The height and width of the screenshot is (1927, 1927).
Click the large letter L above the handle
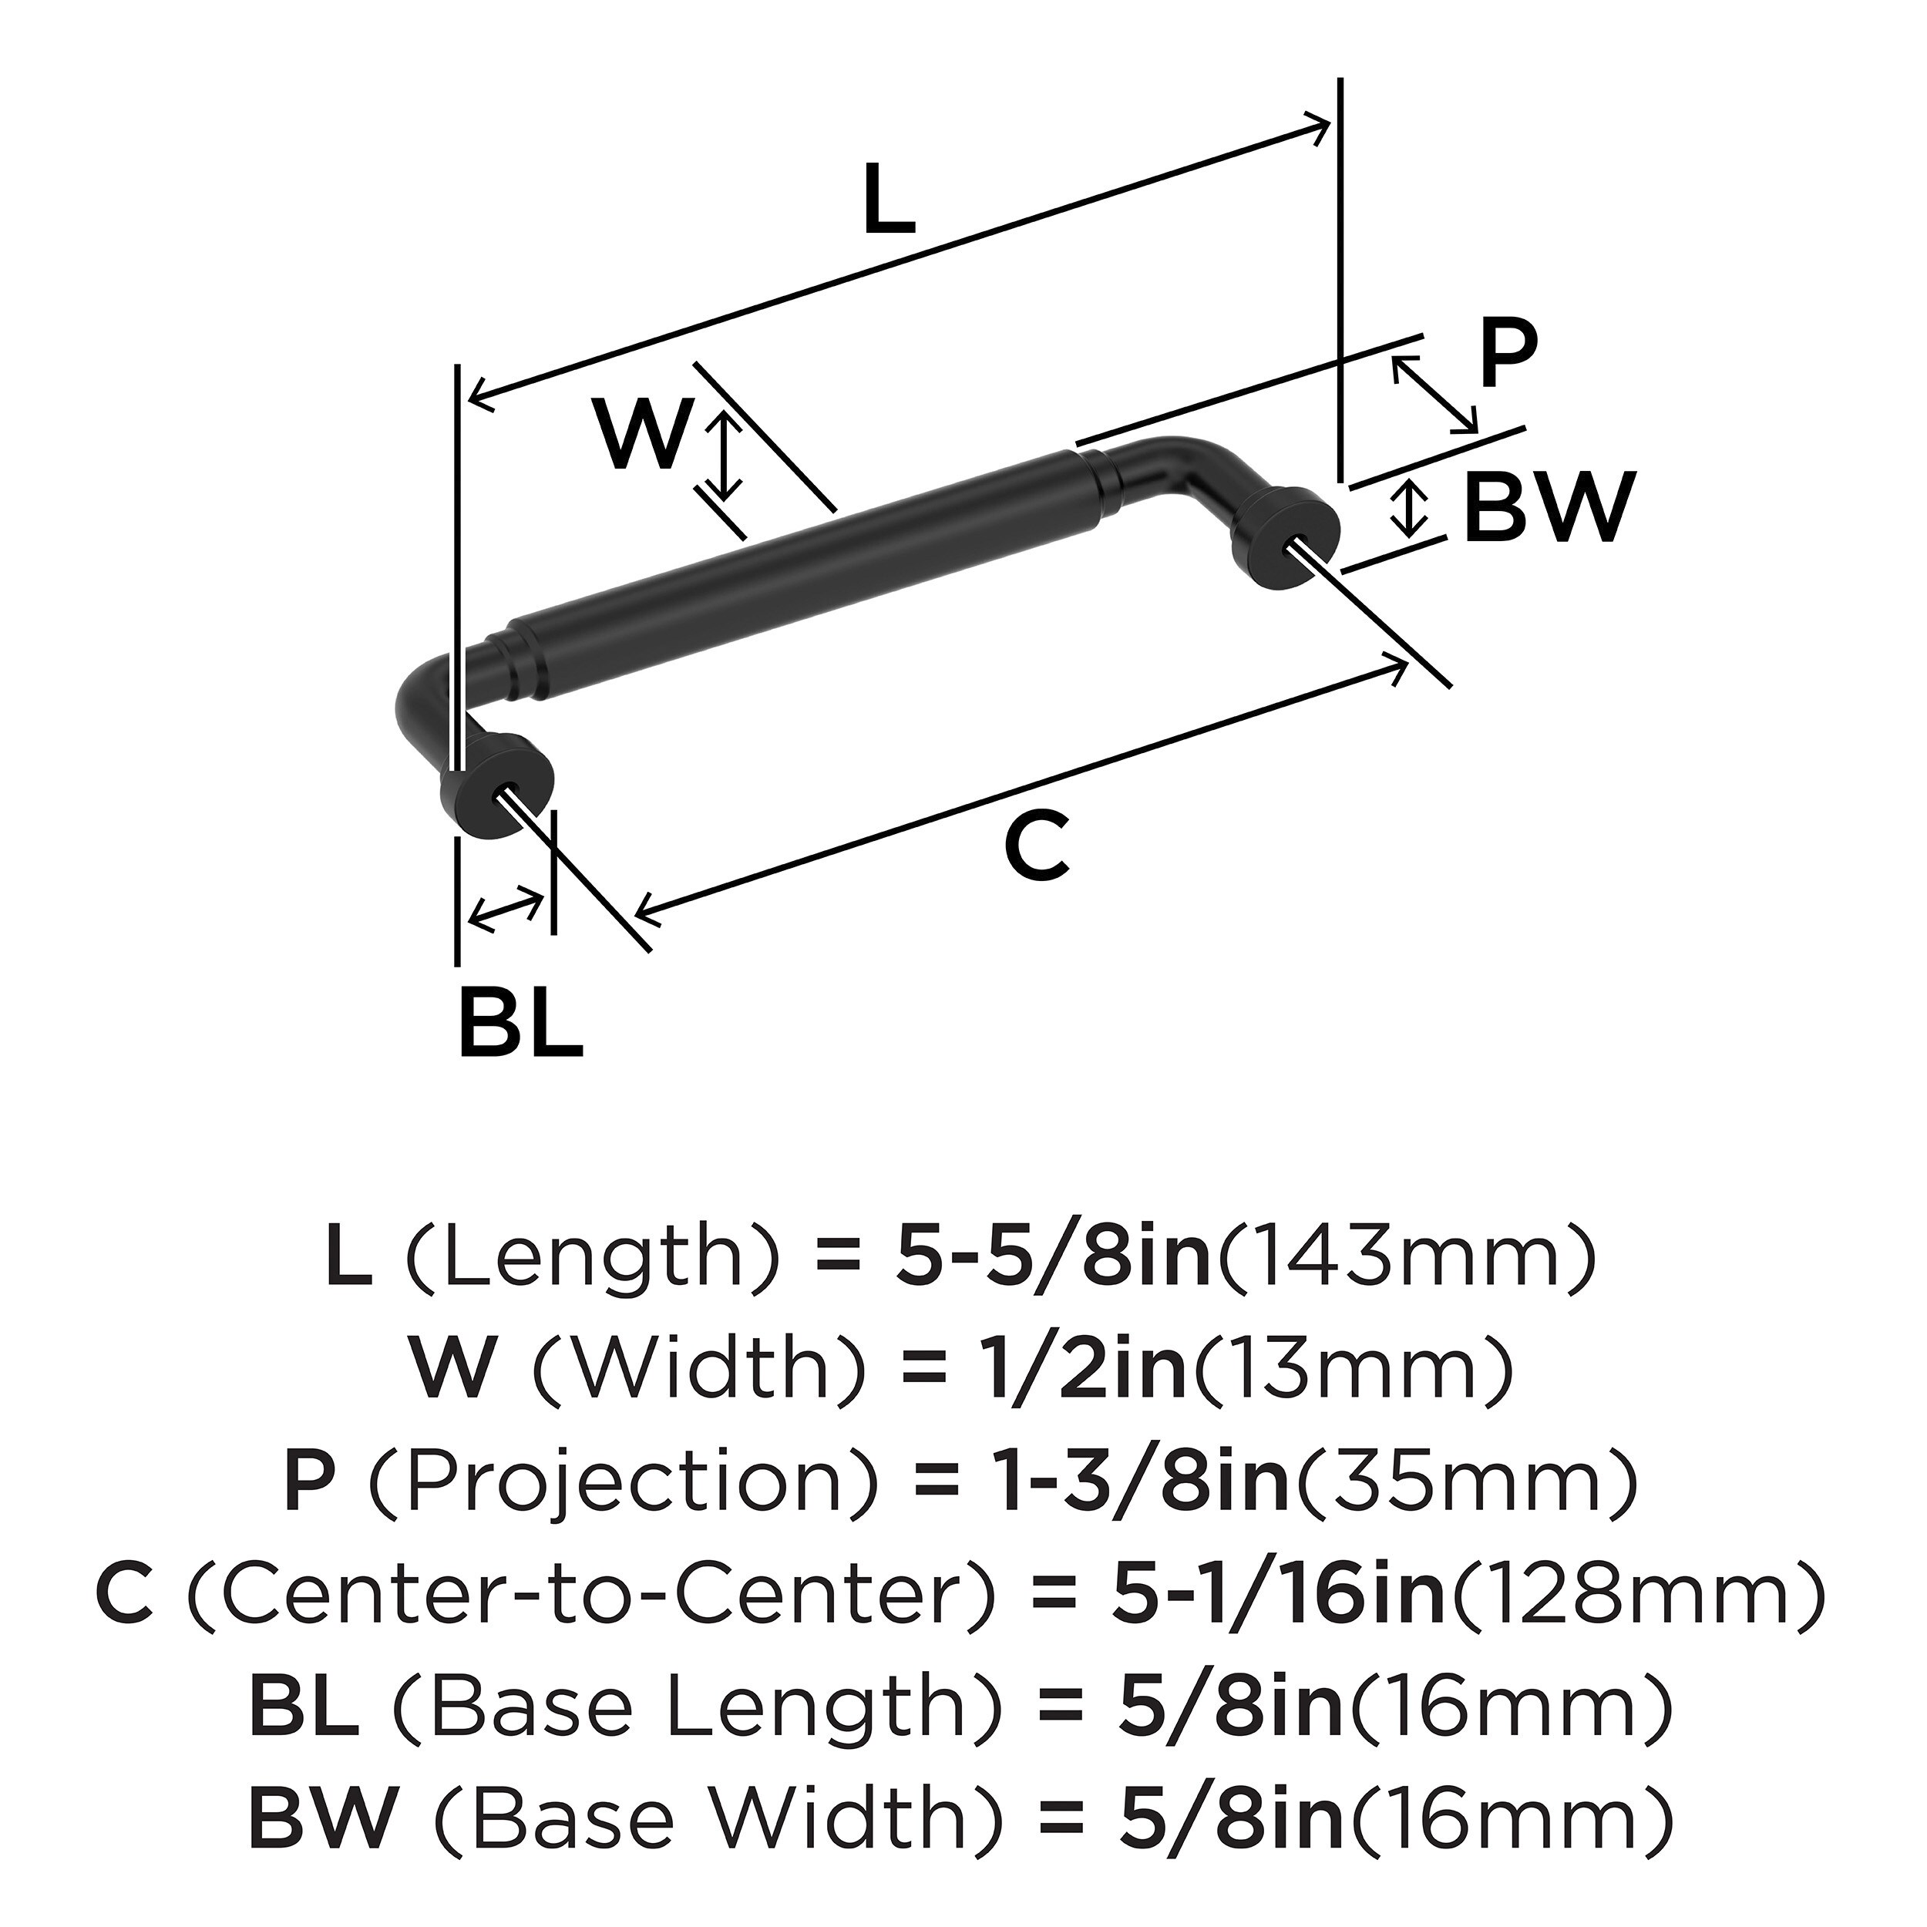click(x=888, y=200)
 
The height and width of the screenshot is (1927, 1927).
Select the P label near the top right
click(x=1508, y=356)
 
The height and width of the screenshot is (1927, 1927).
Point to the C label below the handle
click(x=1037, y=846)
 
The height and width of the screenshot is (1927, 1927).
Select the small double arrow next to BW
click(x=1407, y=508)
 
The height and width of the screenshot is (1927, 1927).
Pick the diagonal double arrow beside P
click(x=1435, y=395)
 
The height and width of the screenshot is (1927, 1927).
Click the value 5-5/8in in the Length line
click(x=1051, y=1259)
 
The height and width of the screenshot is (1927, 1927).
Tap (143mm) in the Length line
click(x=1407, y=1259)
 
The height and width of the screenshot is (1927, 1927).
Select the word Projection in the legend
click(x=624, y=1482)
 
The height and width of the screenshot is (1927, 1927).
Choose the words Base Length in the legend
click(x=682, y=1706)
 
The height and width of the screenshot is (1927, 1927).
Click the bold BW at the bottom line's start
click(x=325, y=1818)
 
